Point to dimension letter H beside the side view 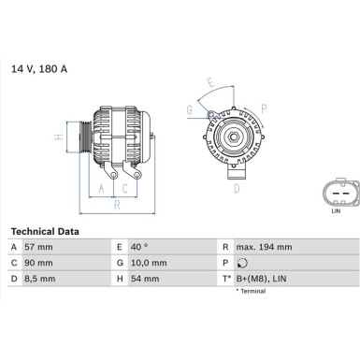[x=58, y=137]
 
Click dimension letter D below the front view [x=236, y=188]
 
